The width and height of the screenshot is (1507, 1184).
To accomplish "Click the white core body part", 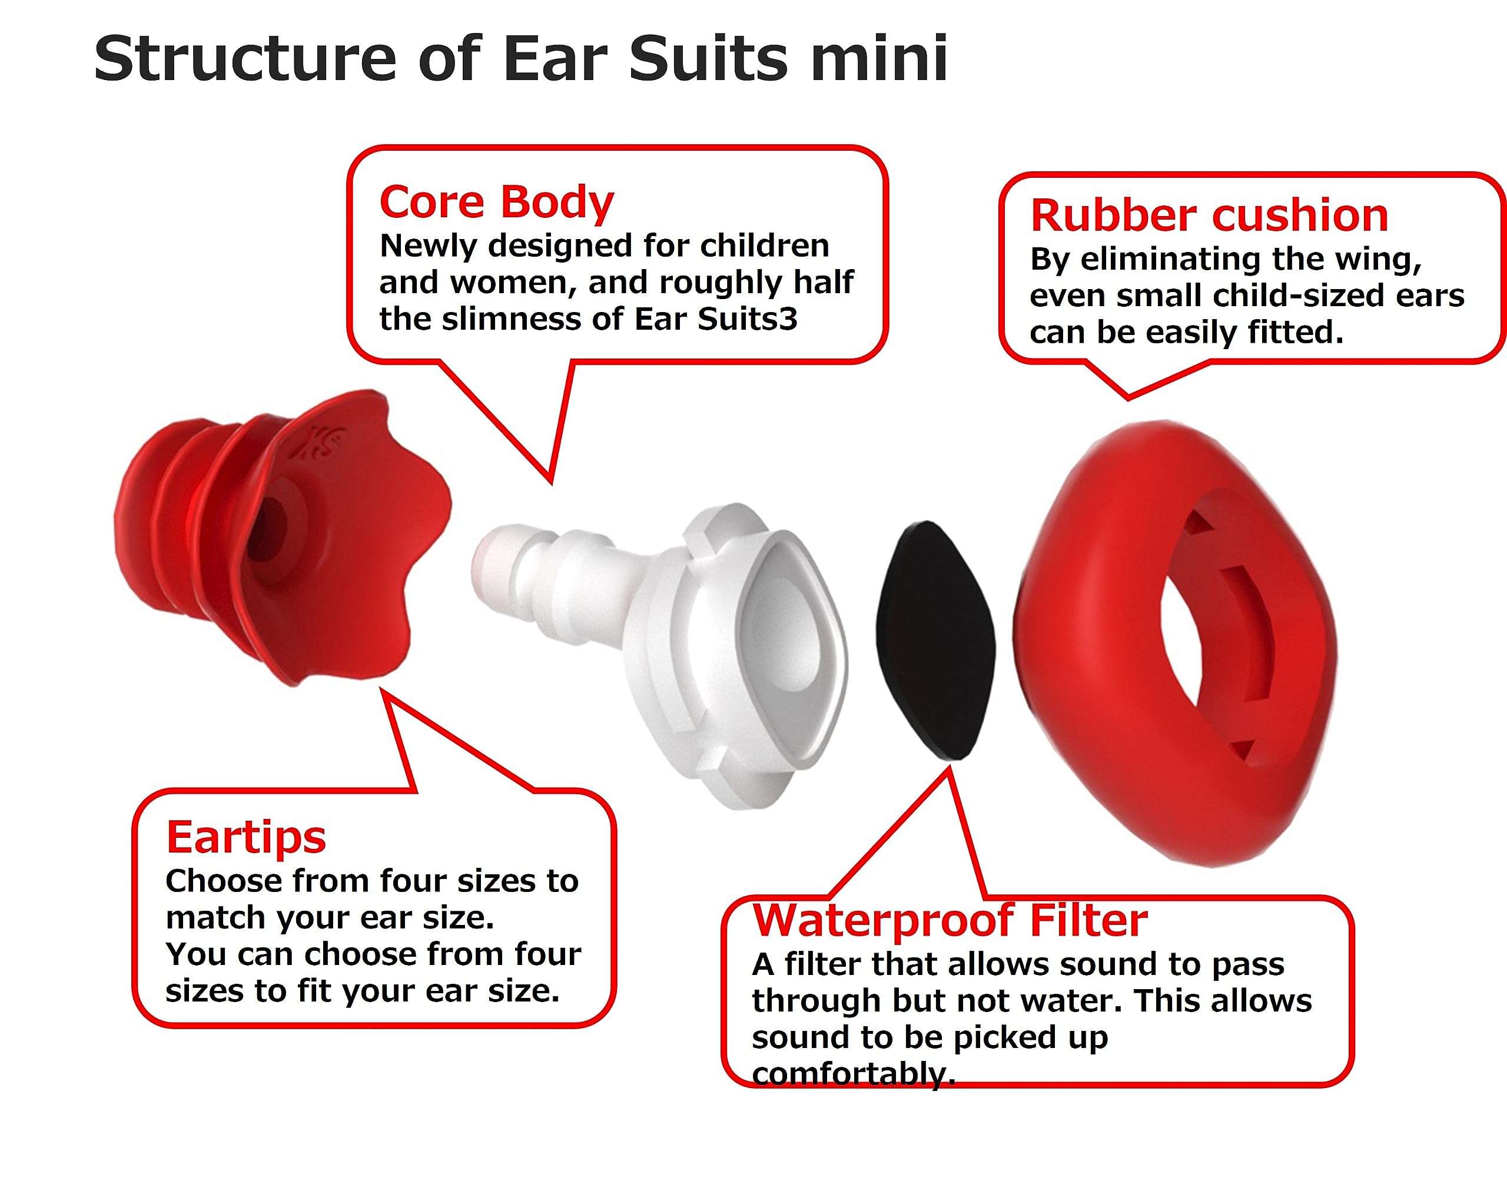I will coord(693,645).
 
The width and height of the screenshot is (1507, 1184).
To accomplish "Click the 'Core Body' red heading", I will coord(496,202).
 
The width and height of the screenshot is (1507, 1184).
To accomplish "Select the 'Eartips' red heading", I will coord(245,837).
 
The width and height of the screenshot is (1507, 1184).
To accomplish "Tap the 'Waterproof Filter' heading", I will coord(950,921).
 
